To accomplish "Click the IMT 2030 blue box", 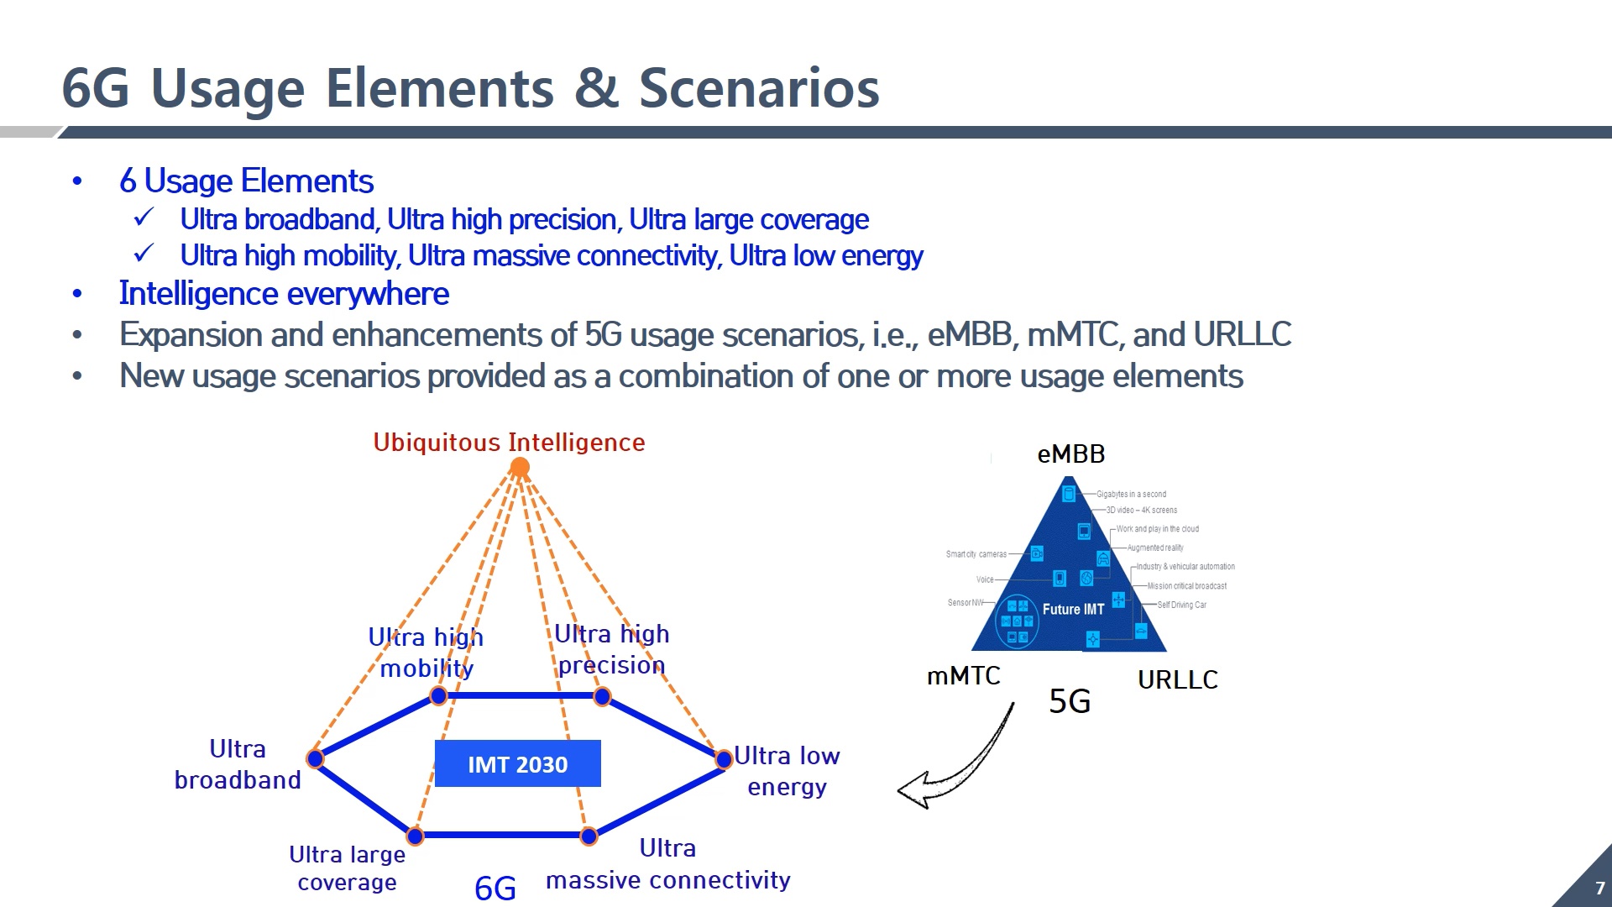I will coord(517,763).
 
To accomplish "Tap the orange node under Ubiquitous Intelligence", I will coord(520,467).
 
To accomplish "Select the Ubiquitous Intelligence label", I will coord(509,443).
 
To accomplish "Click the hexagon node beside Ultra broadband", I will coord(316,758).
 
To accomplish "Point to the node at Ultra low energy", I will coord(724,759).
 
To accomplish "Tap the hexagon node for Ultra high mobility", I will coord(438,695).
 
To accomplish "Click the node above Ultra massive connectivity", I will coord(589,836).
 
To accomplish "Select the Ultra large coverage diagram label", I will coord(347,868).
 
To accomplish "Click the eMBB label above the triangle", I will coord(1070,454).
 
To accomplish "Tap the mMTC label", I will coord(963,676).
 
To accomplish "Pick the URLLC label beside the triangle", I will coord(1177,679).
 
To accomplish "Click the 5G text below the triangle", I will coord(1070,701).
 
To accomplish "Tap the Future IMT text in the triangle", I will coord(1073,610).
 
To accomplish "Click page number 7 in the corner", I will coord(1599,889).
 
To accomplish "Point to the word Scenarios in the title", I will coord(759,88).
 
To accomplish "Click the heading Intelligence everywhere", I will coord(284,294).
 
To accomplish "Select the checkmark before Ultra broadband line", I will coord(144,218).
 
